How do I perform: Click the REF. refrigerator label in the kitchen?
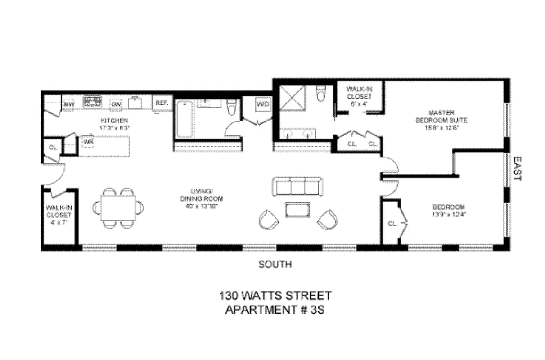point(162,103)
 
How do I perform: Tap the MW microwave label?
point(69,105)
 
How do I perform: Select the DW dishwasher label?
point(117,105)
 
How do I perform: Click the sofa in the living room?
point(297,186)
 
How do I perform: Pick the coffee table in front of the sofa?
point(297,210)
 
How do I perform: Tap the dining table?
point(118,207)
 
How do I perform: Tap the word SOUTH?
point(275,265)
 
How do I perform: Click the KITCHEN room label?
point(114,121)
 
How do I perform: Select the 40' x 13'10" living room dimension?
point(201,206)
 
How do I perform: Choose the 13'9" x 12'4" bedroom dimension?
point(448,214)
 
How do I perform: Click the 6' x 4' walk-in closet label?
point(359,103)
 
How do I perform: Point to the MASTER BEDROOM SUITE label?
point(447,116)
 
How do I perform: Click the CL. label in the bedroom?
point(392,223)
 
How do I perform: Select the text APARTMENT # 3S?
point(275,310)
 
